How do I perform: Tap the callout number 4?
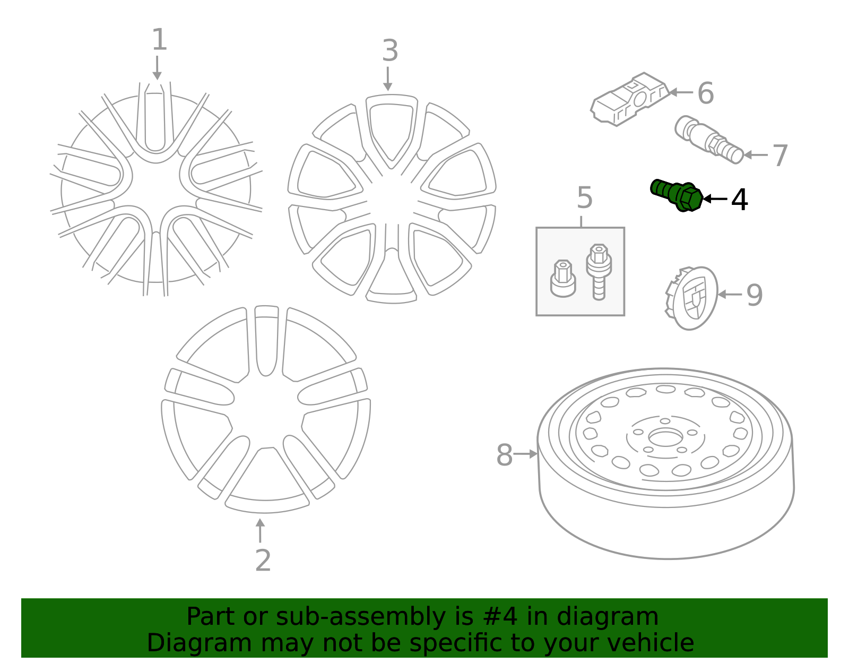click(x=739, y=200)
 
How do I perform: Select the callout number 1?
click(x=159, y=40)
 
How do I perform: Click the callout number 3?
click(x=390, y=51)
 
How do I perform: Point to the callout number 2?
click(x=263, y=561)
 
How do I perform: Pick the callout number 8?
click(x=504, y=455)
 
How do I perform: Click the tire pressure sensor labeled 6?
click(x=629, y=99)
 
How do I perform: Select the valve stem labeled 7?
click(x=709, y=140)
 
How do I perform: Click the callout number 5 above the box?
click(x=584, y=198)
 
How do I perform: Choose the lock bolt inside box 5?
click(x=599, y=271)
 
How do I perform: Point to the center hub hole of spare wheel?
click(x=665, y=438)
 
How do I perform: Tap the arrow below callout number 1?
click(x=157, y=68)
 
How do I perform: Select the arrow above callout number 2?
click(x=260, y=530)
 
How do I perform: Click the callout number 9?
click(x=754, y=295)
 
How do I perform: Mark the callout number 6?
click(x=705, y=93)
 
